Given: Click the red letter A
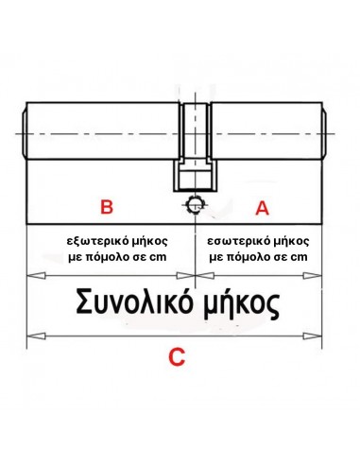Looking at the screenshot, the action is (x=262, y=205).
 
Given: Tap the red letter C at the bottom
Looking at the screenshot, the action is (x=175, y=357).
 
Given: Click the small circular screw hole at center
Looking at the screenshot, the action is (x=194, y=202).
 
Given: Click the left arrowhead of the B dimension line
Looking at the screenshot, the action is (x=34, y=275).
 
